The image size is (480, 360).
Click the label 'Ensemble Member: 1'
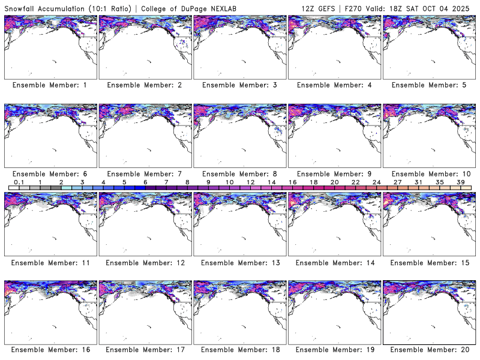(50, 85)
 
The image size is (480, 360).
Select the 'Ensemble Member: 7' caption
(144, 174)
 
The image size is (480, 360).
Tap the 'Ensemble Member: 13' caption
(239, 263)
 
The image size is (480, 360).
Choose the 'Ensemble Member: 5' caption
(428, 85)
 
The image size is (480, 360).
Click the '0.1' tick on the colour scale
(19, 182)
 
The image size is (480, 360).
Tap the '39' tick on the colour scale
(461, 182)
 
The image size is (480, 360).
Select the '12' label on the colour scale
(250, 182)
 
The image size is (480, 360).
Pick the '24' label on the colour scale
(376, 182)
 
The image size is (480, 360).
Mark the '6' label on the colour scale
(145, 182)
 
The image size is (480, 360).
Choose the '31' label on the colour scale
(418, 182)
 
